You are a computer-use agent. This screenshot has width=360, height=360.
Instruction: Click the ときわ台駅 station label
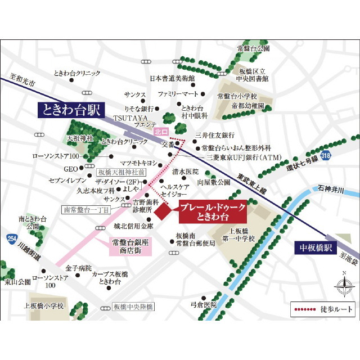pyautogui.click(x=70, y=109)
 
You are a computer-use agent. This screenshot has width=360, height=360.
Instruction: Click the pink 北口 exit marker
pyautogui.click(x=160, y=132)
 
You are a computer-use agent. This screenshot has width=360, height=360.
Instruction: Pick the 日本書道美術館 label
pyautogui.click(x=172, y=79)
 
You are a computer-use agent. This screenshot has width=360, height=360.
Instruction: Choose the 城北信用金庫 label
pyautogui.click(x=133, y=226)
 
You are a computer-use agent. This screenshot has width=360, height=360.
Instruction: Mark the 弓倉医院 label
pyautogui.click(x=203, y=304)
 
